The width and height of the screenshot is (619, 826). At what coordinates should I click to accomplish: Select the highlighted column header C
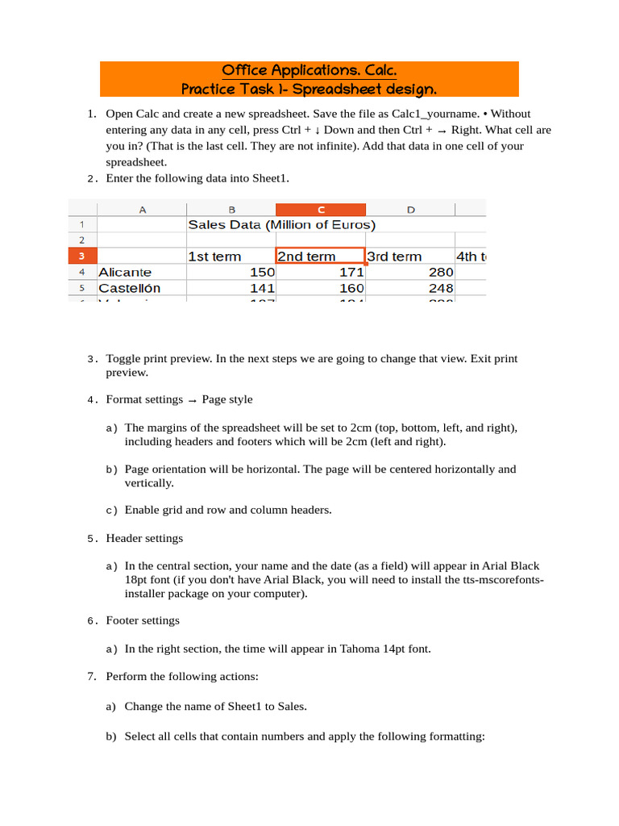click(x=320, y=210)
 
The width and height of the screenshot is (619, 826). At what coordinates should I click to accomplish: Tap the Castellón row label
click(x=130, y=288)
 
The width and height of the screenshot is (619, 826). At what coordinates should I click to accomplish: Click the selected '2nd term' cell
click(x=320, y=257)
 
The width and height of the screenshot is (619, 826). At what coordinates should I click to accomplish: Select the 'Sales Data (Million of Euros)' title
click(x=281, y=225)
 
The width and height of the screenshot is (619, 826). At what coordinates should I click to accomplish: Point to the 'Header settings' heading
click(x=144, y=538)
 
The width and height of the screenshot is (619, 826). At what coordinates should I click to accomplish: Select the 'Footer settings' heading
click(x=143, y=620)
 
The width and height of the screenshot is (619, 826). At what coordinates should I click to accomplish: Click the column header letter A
click(x=142, y=210)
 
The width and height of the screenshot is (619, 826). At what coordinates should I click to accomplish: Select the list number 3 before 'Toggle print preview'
click(x=91, y=358)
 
